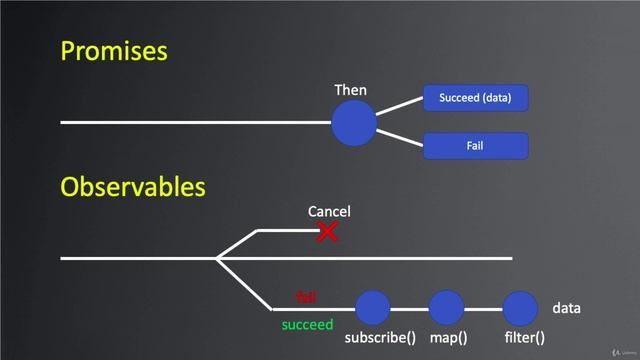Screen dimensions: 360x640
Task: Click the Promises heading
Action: point(113,51)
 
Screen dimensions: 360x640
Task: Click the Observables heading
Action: point(133,187)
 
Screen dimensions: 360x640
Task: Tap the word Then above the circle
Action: point(350,91)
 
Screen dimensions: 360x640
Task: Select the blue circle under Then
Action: point(354,123)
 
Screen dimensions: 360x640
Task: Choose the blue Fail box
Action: point(476,146)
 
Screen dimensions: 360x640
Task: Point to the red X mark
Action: point(327,233)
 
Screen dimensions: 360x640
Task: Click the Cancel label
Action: point(329,212)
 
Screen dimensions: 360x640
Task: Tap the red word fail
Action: point(306,297)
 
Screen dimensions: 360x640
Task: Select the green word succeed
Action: point(307,325)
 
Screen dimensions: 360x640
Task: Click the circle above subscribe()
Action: point(373,308)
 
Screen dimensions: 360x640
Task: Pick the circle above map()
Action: point(446,308)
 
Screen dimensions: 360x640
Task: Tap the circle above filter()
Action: point(518,308)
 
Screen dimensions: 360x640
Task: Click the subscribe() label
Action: point(380,339)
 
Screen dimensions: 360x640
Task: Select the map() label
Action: point(448,339)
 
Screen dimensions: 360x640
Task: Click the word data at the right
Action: point(566,309)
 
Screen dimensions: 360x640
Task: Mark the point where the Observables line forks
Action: point(216,258)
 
